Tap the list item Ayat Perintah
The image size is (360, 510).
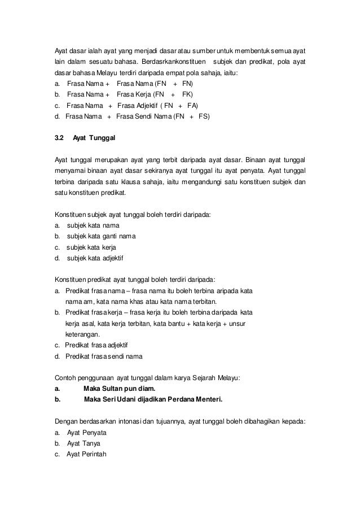[87, 455]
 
